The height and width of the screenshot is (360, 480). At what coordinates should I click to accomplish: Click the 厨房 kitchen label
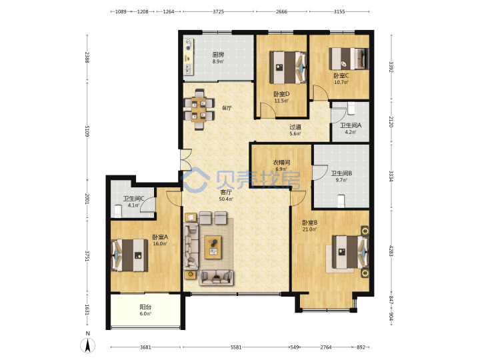(218, 55)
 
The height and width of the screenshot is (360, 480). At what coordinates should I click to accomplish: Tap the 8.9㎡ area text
(218, 61)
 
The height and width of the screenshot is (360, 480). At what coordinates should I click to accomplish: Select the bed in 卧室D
(288, 67)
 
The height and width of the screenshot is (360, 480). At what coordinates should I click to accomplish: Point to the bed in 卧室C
(349, 59)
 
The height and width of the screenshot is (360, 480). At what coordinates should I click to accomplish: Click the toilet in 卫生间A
(351, 108)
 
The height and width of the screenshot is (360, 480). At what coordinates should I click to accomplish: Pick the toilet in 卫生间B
(341, 201)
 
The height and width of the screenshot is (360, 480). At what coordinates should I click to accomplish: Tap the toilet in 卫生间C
(117, 211)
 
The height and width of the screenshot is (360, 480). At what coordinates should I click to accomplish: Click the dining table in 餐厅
(199, 109)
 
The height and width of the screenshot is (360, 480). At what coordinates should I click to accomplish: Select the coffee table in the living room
(214, 247)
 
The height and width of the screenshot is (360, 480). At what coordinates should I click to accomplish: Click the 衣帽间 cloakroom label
(281, 162)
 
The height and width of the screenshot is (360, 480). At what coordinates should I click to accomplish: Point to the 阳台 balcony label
(145, 307)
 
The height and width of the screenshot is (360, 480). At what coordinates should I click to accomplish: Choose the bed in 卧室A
(129, 255)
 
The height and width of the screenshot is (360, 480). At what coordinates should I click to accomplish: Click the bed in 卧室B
(351, 251)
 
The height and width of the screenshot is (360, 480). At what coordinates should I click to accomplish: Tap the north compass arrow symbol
(87, 346)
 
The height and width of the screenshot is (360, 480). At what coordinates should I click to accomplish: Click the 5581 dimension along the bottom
(236, 347)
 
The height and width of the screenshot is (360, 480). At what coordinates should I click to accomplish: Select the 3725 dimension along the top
(218, 11)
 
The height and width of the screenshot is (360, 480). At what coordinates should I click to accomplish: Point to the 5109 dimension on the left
(87, 131)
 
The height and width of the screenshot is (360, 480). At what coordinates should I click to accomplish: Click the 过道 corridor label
(295, 127)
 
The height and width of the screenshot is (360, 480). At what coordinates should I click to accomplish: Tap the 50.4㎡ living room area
(226, 199)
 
